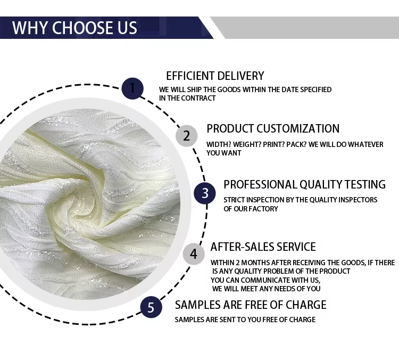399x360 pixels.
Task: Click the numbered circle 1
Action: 132,88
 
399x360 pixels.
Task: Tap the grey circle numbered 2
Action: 187,136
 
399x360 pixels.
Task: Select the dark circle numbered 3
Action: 205,193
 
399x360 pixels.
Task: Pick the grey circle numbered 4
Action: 194,254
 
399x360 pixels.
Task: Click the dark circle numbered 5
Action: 151,307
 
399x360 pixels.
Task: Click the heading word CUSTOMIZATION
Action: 298,129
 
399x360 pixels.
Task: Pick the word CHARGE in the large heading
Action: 306,305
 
